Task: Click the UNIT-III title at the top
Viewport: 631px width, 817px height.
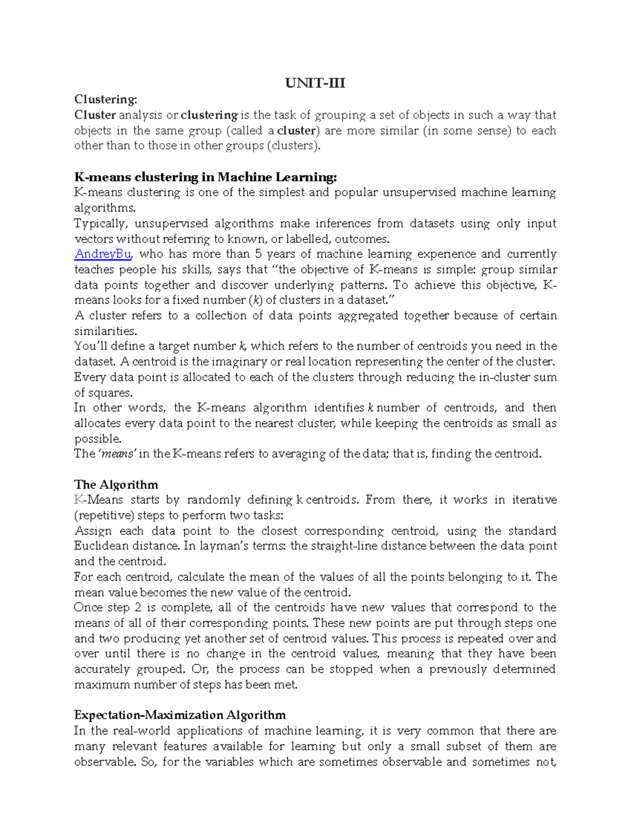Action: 315,83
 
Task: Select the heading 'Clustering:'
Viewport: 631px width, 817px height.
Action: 106,99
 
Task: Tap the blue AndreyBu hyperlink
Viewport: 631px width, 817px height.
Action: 103,254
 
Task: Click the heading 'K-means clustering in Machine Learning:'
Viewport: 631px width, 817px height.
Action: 205,177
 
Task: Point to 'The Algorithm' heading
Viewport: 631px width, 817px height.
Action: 116,485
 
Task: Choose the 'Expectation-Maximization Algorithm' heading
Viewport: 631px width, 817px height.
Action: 180,715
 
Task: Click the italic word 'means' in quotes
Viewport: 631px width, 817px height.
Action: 118,454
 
